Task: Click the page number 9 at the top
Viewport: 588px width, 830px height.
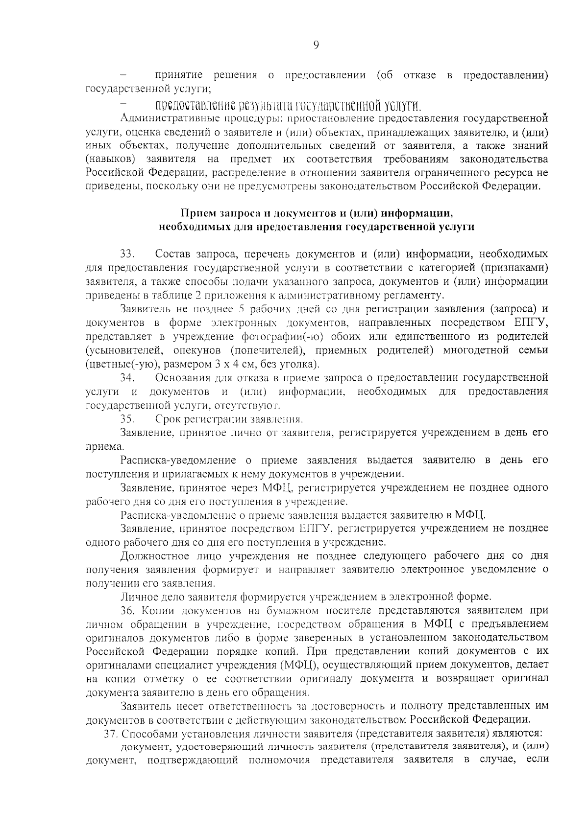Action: pyautogui.click(x=316, y=46)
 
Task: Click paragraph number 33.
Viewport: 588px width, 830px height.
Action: pyautogui.click(x=127, y=254)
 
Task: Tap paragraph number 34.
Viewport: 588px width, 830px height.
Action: pyautogui.click(x=127, y=378)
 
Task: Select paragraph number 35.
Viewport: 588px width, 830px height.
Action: pyautogui.click(x=127, y=419)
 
